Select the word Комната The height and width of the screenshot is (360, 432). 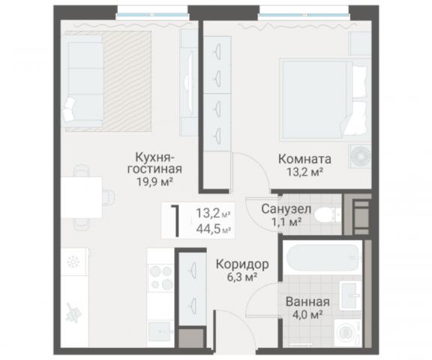304,160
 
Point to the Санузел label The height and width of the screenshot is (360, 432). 282,208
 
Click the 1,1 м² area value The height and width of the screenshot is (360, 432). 285,221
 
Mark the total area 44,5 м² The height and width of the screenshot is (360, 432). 212,230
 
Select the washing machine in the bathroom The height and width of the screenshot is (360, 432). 347,330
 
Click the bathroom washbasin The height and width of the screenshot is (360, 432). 349,294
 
